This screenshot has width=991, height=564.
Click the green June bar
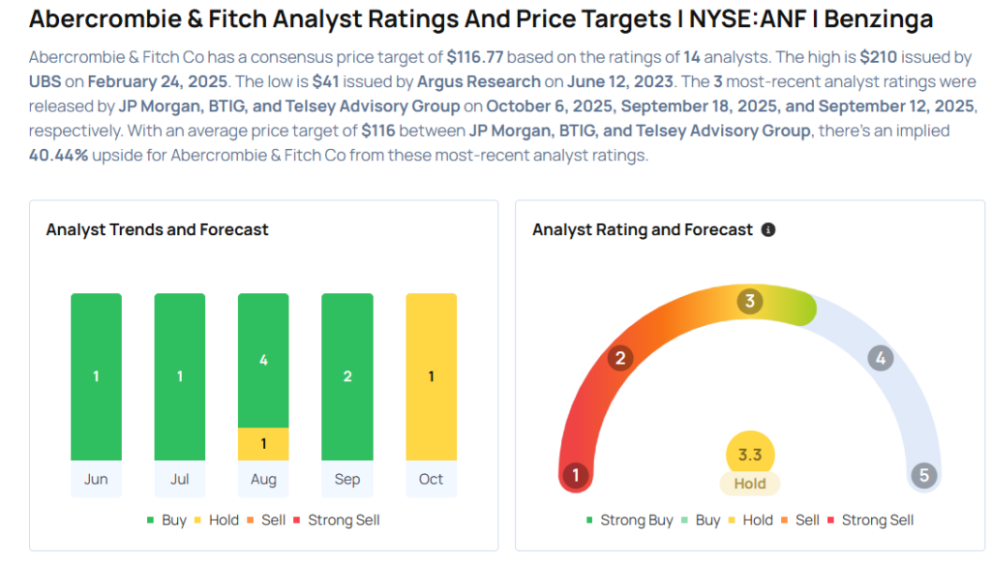click(96, 376)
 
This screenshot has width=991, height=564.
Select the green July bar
click(180, 376)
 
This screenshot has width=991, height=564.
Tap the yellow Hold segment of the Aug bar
click(263, 444)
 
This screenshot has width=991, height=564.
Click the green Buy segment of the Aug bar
click(263, 360)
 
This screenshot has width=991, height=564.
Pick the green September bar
click(347, 376)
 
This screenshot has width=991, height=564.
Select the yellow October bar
click(431, 376)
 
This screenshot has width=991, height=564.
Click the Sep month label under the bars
click(347, 479)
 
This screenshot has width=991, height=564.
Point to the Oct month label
click(431, 479)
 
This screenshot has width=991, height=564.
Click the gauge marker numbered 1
click(576, 475)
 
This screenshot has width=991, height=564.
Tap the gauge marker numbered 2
click(619, 359)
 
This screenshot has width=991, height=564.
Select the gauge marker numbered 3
click(749, 302)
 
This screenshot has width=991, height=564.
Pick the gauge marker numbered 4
click(880, 359)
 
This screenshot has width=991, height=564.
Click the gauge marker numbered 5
click(923, 475)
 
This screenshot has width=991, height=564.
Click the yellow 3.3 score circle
click(750, 454)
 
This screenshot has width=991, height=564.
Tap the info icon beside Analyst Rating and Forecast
click(768, 230)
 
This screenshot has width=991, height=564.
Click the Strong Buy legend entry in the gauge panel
click(629, 519)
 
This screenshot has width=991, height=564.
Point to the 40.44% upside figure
click(59, 155)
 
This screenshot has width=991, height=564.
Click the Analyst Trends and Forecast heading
click(158, 230)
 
